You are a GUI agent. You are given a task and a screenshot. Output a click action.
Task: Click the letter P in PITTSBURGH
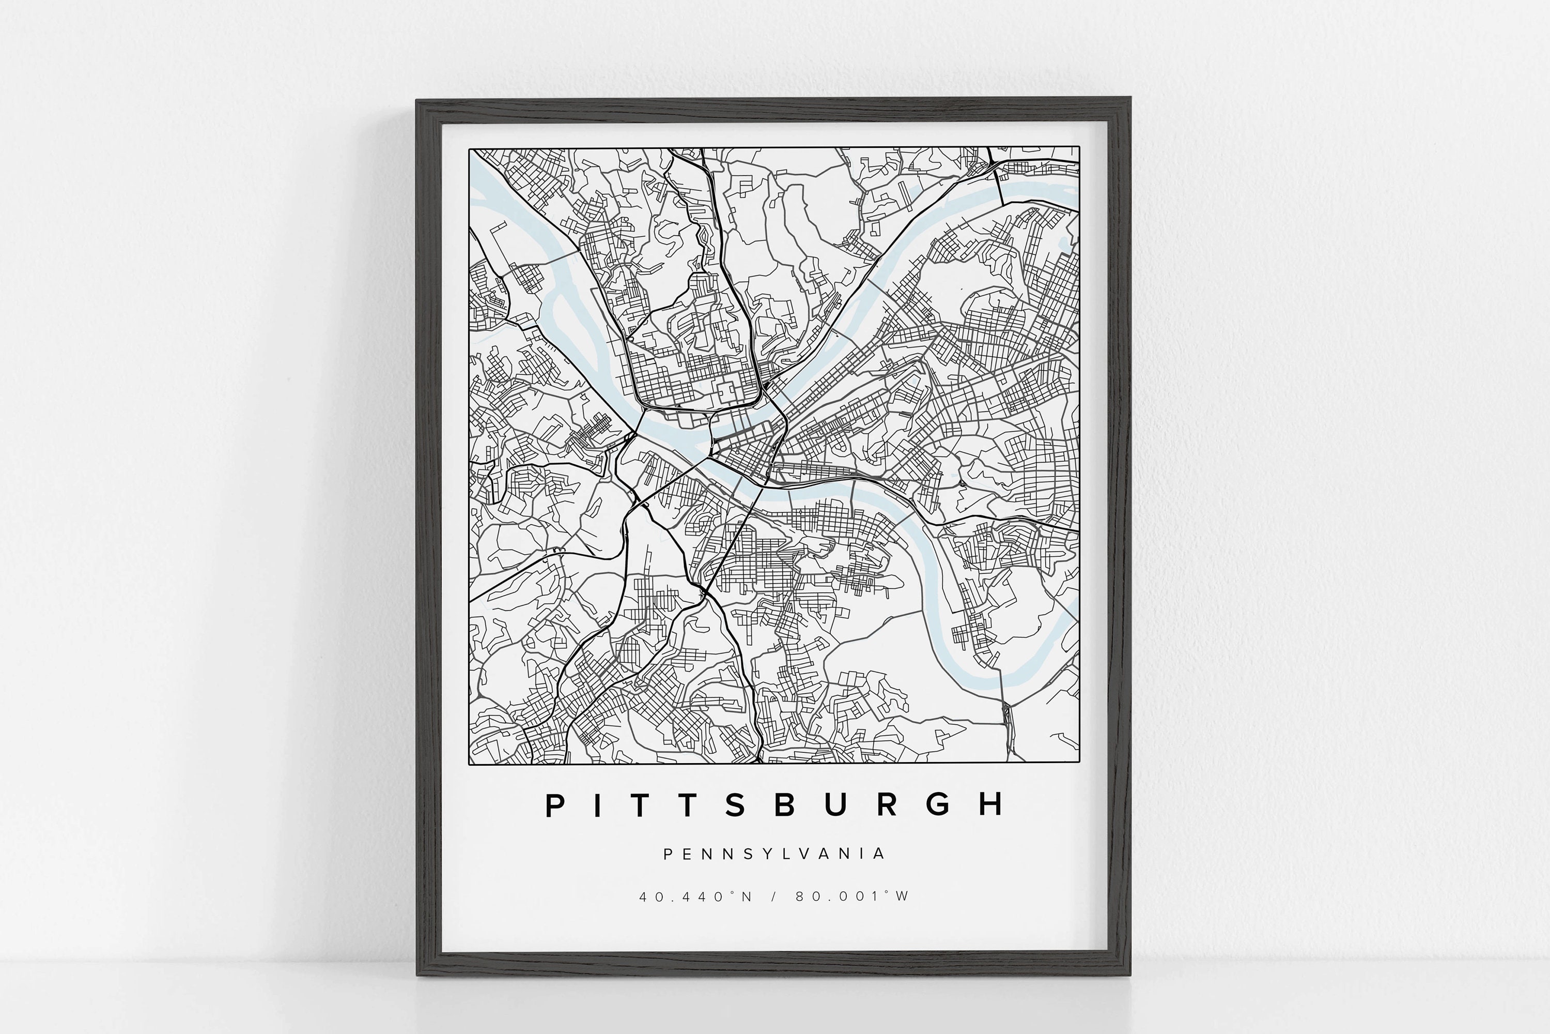555,805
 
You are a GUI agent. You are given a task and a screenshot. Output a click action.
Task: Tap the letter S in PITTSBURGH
735,805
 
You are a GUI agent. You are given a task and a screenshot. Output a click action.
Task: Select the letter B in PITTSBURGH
784,805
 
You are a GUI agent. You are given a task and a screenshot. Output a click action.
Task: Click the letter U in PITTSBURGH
835,805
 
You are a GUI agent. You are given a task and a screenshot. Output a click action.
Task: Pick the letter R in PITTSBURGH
887,805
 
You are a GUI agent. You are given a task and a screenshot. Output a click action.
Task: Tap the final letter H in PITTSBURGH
990,805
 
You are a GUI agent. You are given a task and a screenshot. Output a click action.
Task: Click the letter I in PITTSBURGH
598,805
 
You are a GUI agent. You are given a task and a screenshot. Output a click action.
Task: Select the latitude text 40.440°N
695,896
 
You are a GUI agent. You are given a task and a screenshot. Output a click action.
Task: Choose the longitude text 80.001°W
852,896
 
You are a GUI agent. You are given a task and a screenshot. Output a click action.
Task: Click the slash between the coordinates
774,896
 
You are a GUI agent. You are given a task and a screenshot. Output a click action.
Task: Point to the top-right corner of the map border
1079,147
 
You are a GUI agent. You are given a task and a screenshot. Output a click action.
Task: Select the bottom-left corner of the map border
469,764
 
